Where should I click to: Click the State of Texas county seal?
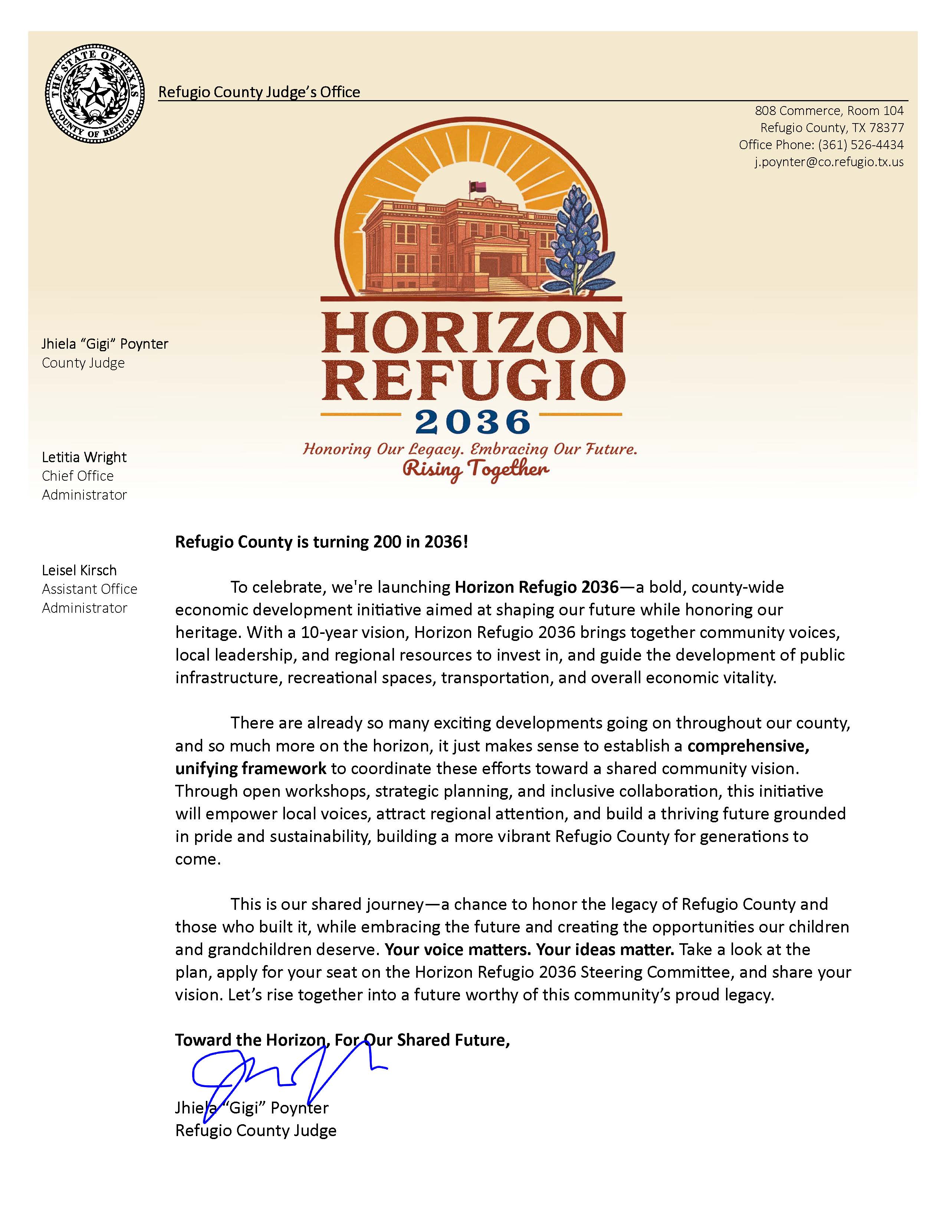tap(95, 93)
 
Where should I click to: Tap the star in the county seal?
tap(95, 91)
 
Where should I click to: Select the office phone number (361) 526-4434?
tap(860, 145)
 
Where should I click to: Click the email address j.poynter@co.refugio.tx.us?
tap(828, 162)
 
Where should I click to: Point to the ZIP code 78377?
tap(886, 128)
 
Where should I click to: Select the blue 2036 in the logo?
tap(472, 422)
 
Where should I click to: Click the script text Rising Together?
tap(475, 469)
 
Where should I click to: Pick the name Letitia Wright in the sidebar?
tap(84, 457)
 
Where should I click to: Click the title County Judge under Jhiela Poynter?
tap(83, 363)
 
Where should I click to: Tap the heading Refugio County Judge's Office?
tap(259, 92)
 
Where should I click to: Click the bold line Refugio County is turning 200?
tap(321, 542)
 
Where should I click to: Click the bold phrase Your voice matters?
tap(457, 950)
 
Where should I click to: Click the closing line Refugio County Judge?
tap(256, 1131)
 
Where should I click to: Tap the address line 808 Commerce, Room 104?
tap(829, 111)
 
